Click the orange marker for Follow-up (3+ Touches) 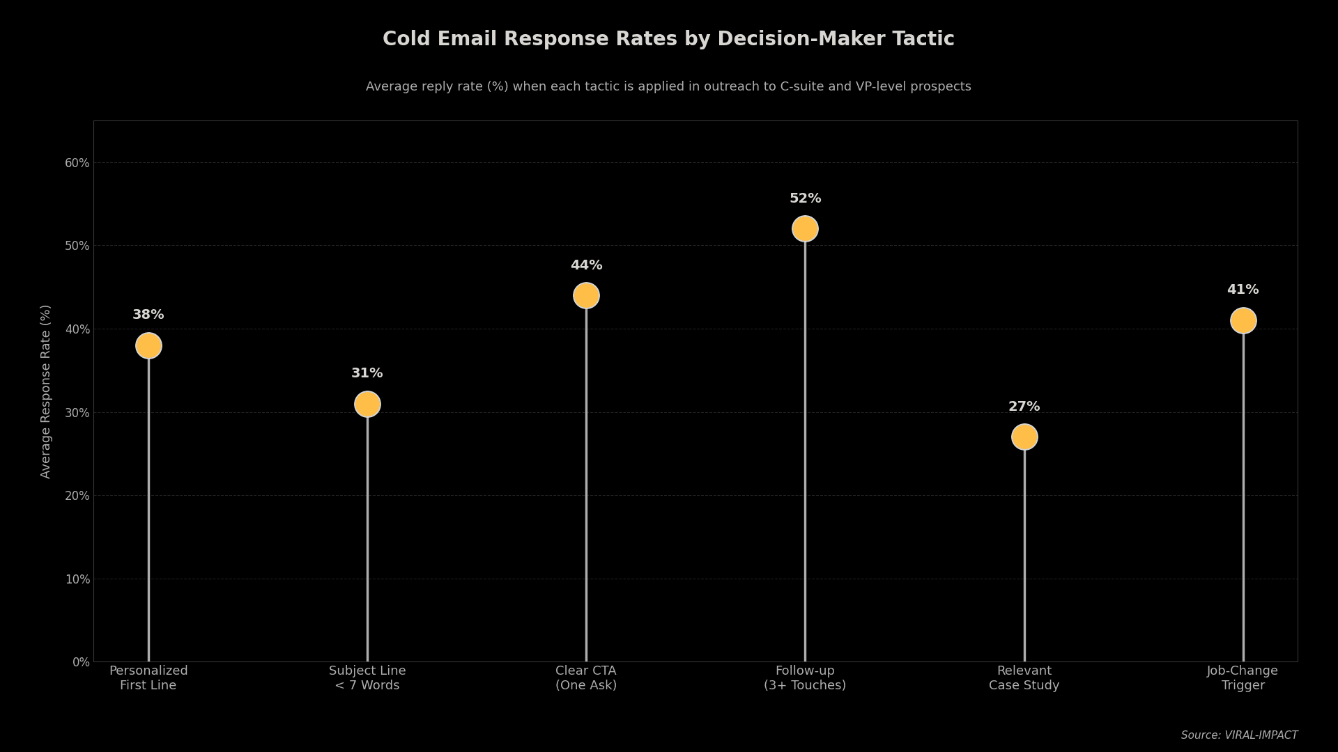[805, 228]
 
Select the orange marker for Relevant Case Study [1024, 437]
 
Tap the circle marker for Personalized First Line [148, 345]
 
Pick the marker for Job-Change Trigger [1243, 320]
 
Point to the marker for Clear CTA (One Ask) [586, 295]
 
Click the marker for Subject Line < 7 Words [367, 404]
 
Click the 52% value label [805, 198]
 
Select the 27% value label [1024, 407]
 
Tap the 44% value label [586, 265]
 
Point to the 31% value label [367, 373]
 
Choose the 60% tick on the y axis [77, 163]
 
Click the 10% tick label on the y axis [77, 579]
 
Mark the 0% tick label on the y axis [81, 662]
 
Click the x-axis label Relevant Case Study [1024, 678]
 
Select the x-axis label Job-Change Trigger [1243, 678]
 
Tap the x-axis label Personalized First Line [148, 678]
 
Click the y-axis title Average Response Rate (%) [46, 391]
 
